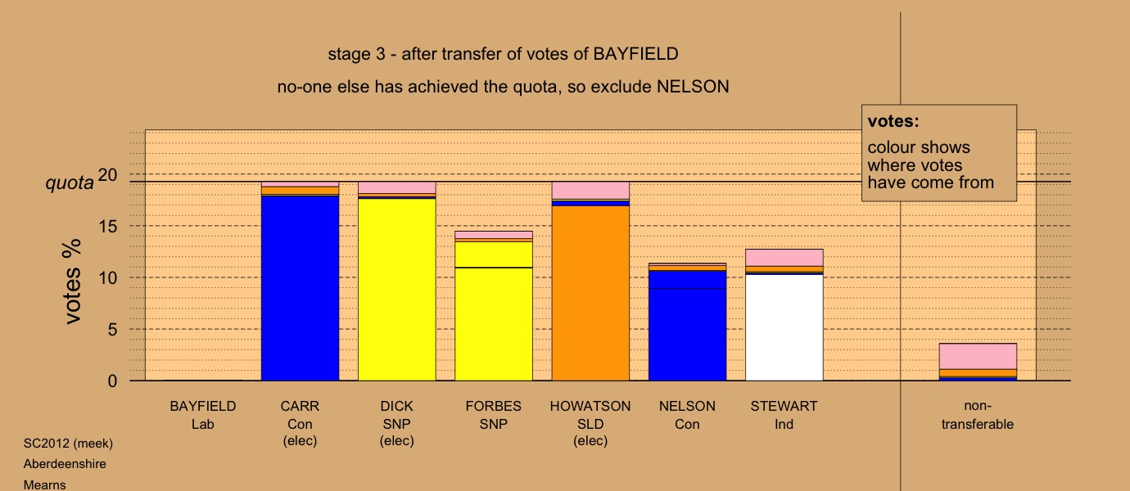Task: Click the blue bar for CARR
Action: pos(300,288)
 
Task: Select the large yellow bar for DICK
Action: pos(396,290)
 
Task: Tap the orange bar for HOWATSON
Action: pos(590,293)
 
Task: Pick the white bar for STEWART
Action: pos(784,327)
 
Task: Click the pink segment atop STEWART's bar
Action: pos(784,258)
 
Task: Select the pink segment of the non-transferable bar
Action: pos(978,357)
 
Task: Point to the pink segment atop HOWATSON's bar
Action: pos(590,191)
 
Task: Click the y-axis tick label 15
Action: pos(107,227)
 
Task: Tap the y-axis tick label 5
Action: pos(112,329)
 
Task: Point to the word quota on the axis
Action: pos(70,182)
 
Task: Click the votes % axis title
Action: pos(71,282)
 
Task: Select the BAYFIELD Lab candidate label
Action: pos(203,415)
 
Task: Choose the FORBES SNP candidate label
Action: pos(494,415)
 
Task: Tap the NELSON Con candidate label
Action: pos(687,415)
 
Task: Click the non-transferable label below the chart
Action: pos(978,415)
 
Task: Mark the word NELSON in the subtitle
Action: pos(693,87)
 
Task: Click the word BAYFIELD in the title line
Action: pos(635,54)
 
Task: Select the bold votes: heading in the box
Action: pos(893,121)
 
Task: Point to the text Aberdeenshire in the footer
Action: pos(65,464)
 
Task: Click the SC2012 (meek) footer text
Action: pos(68,444)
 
